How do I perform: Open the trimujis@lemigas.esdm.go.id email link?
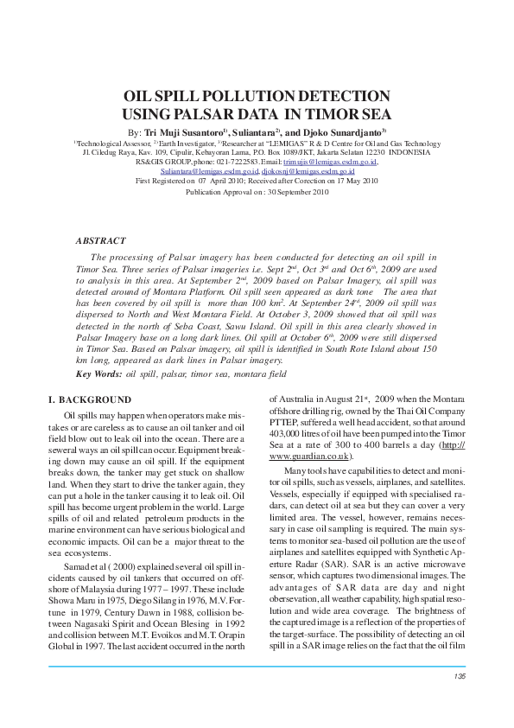pyautogui.click(x=333, y=162)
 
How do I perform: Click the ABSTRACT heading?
pyautogui.click(x=101, y=241)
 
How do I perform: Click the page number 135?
pyautogui.click(x=459, y=675)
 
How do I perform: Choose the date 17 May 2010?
pyautogui.click(x=351, y=181)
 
